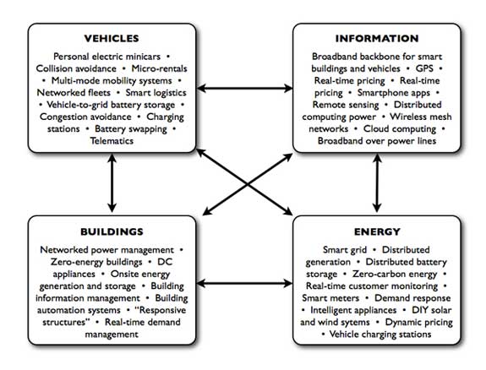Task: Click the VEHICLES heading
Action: click(x=112, y=38)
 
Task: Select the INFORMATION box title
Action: click(x=377, y=38)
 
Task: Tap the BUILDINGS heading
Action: click(x=112, y=231)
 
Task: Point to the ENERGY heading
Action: click(x=377, y=231)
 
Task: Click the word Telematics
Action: click(x=112, y=141)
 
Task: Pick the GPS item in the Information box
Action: click(x=424, y=68)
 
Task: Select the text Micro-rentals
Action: click(x=159, y=68)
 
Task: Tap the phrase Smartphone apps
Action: click(x=394, y=93)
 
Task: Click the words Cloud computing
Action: click(x=400, y=129)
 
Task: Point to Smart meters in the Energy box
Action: click(x=330, y=298)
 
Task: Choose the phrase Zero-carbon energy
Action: click(x=395, y=275)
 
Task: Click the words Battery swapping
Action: click(x=131, y=129)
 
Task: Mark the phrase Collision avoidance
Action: click(x=76, y=68)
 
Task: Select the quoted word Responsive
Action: click(x=161, y=310)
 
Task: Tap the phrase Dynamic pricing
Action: click(x=418, y=323)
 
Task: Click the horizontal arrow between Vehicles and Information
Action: click(x=244, y=89)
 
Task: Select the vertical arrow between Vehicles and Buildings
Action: click(x=112, y=183)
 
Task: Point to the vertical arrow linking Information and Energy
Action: click(x=377, y=183)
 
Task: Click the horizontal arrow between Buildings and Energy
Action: click(x=244, y=283)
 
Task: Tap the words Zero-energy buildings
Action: click(x=96, y=262)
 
